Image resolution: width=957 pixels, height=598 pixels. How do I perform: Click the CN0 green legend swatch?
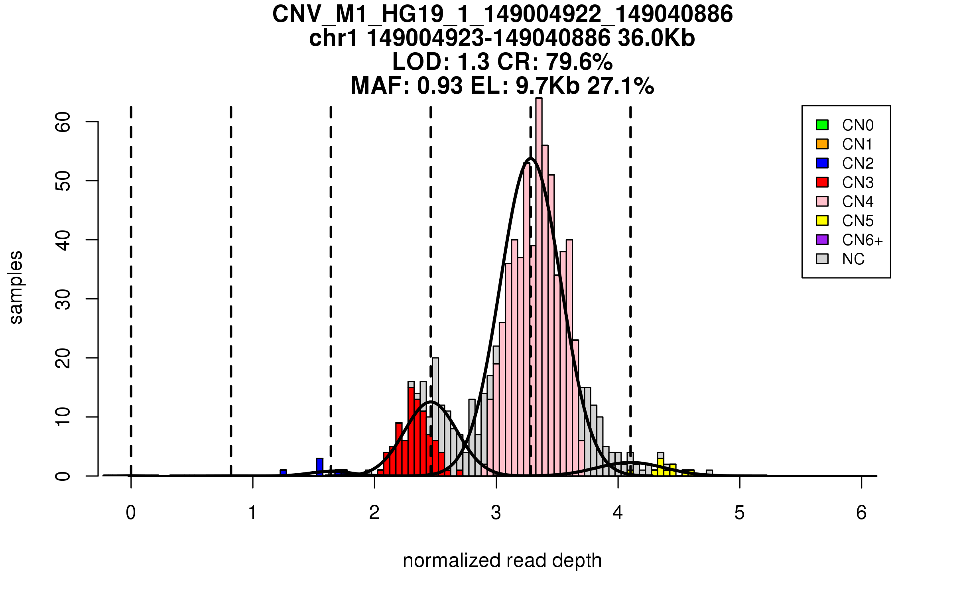pyautogui.click(x=822, y=125)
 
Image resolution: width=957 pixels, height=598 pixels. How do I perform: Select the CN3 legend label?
pyautogui.click(x=858, y=183)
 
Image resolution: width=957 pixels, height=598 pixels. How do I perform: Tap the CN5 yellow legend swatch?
pyautogui.click(x=822, y=220)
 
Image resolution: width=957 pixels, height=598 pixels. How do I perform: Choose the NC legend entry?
pyautogui.click(x=853, y=259)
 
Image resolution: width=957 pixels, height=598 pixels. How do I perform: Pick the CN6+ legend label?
pyautogui.click(x=862, y=240)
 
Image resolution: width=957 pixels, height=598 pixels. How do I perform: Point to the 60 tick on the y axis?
pyautogui.click(x=63, y=122)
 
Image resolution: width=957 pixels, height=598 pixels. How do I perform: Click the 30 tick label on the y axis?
pyautogui.click(x=63, y=299)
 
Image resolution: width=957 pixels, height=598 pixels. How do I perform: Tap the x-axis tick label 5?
pyautogui.click(x=740, y=513)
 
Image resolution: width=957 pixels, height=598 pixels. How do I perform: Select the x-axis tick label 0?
pyautogui.click(x=131, y=513)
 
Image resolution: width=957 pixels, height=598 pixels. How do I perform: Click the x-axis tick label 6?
pyautogui.click(x=861, y=513)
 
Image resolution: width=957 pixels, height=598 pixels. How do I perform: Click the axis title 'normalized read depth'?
pyautogui.click(x=502, y=561)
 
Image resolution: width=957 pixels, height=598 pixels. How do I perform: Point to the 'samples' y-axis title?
pyautogui.click(x=16, y=287)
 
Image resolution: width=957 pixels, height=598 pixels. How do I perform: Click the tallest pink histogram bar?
pyautogui.click(x=539, y=287)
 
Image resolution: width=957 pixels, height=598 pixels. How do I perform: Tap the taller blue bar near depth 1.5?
pyautogui.click(x=319, y=467)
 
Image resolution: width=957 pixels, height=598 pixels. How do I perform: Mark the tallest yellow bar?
pyautogui.click(x=661, y=467)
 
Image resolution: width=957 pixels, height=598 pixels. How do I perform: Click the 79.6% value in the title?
pyautogui.click(x=579, y=62)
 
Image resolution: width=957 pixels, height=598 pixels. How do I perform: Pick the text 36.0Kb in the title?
pyautogui.click(x=656, y=38)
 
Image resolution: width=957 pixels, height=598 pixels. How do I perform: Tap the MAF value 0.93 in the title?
pyautogui.click(x=440, y=86)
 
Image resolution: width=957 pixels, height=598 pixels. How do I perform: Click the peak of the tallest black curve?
pyautogui.click(x=531, y=158)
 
